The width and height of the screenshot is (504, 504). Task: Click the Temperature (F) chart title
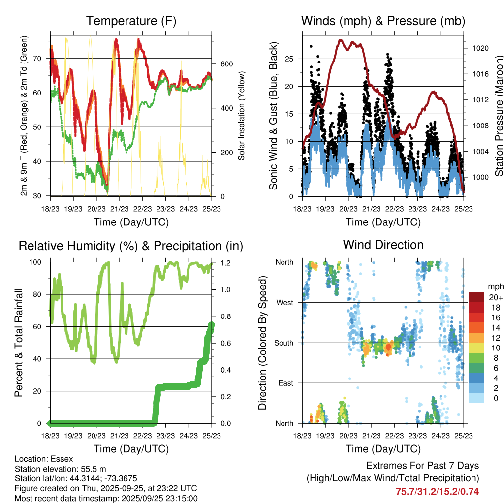(131, 21)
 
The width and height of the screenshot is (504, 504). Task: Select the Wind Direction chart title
(383, 245)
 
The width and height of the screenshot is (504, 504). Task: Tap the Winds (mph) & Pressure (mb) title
(383, 21)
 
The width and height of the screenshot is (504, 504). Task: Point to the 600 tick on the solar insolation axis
(226, 64)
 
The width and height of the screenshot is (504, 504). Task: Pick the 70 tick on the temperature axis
(40, 59)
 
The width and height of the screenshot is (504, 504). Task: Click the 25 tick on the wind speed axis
(291, 59)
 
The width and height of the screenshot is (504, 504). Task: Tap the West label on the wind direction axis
(284, 302)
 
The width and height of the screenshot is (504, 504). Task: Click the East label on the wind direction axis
(285, 383)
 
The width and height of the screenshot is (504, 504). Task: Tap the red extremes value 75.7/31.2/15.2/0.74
(437, 491)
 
